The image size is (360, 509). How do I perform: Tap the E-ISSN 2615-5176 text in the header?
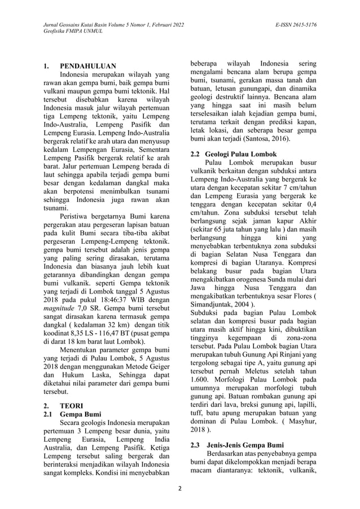296,25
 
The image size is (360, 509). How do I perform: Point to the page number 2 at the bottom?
180,489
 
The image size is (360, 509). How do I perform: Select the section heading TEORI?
72,405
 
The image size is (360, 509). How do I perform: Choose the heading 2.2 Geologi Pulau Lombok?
233,154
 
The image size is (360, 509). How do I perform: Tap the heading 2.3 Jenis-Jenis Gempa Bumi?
239,445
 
